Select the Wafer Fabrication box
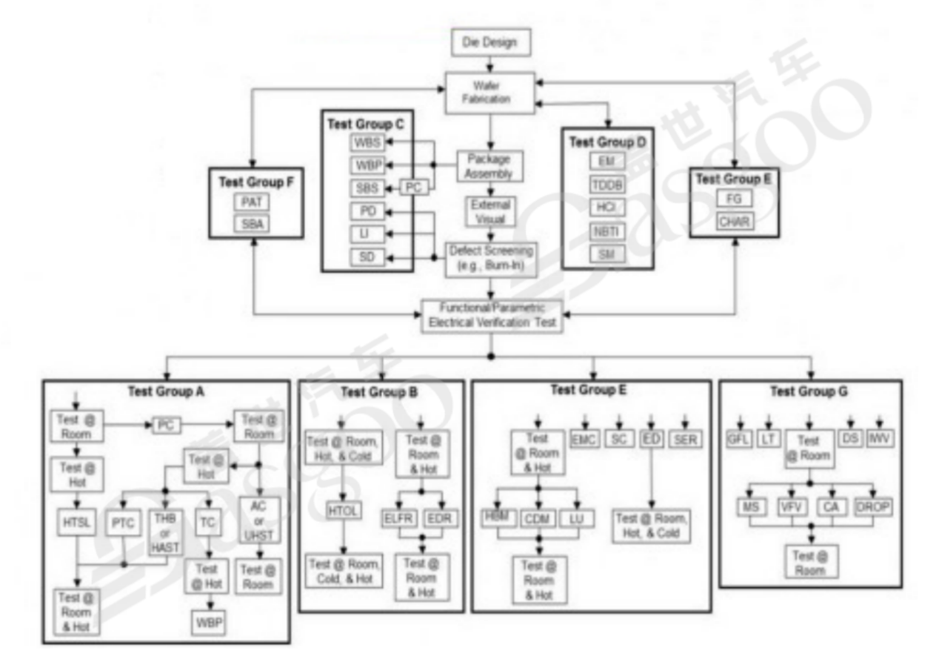point(489,92)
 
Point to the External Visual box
point(489,212)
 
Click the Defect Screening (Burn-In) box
point(489,258)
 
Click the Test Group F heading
point(255,181)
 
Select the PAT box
point(255,201)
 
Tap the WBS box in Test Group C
point(367,141)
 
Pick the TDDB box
point(607,185)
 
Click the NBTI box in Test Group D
point(607,231)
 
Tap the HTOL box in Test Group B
point(343,510)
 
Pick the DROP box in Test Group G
point(874,508)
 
